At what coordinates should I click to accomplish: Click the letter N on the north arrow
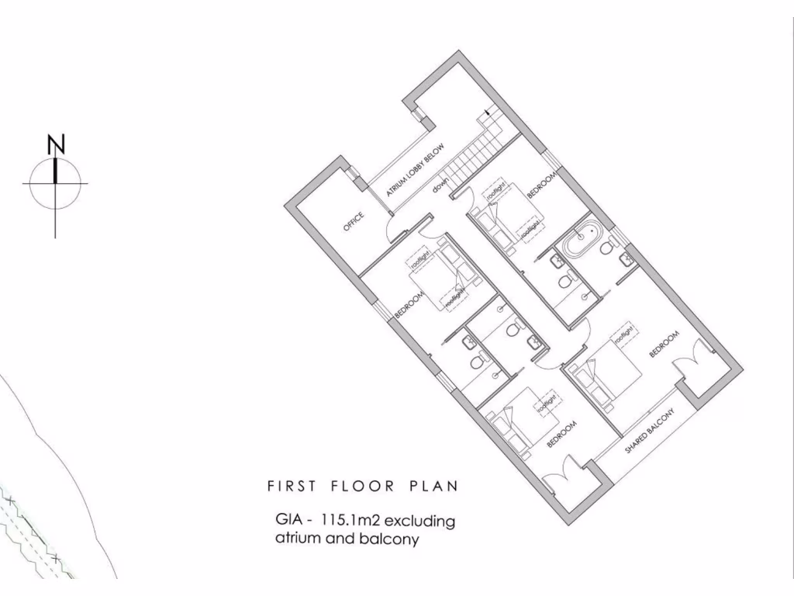[x=56, y=144]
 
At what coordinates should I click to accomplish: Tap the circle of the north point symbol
[x=55, y=184]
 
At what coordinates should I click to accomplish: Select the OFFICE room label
[x=354, y=222]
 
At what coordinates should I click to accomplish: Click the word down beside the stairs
[x=441, y=187]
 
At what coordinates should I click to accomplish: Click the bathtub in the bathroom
[x=582, y=240]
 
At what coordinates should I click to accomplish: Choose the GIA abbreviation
[x=288, y=519]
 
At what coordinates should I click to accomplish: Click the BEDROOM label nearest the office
[x=409, y=305]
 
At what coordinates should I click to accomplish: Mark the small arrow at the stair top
[x=487, y=113]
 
